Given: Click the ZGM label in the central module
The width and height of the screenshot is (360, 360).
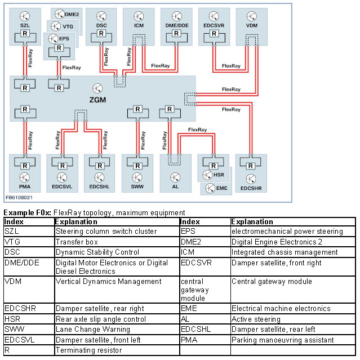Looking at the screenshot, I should pos(97,100).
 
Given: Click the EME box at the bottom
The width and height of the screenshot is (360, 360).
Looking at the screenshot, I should pos(216,188).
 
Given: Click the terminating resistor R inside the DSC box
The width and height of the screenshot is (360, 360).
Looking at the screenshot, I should pos(101,34).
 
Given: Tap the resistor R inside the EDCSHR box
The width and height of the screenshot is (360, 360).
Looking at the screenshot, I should pos(251,165).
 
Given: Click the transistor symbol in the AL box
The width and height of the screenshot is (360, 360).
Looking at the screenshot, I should pos(175,176).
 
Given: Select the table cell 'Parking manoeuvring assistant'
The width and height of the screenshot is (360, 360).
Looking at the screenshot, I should pos(282,340).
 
